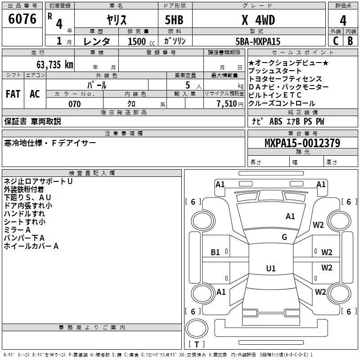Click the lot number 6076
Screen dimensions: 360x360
tap(22, 18)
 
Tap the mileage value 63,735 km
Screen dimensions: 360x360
tap(55, 64)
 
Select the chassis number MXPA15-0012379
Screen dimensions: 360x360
tap(302, 143)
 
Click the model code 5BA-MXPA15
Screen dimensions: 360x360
tap(258, 41)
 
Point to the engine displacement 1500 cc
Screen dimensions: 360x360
tap(141, 41)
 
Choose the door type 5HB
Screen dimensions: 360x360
tap(174, 20)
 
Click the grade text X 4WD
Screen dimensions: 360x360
tap(258, 20)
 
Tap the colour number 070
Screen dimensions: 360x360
tap(75, 104)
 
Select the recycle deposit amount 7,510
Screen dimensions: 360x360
tap(227, 104)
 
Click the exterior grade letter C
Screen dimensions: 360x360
tap(336, 41)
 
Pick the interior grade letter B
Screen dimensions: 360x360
tap(350, 41)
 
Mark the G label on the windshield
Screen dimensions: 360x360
tap(284, 237)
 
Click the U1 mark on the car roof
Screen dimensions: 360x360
tap(271, 268)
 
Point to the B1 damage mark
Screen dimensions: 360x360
tap(215, 252)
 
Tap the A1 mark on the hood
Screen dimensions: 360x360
tap(290, 216)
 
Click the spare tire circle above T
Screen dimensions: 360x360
tap(197, 328)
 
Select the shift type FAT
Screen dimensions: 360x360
tap(13, 94)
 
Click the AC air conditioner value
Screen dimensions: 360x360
tap(35, 94)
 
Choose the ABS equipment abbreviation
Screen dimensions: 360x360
tap(276, 121)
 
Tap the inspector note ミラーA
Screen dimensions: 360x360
tap(17, 230)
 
